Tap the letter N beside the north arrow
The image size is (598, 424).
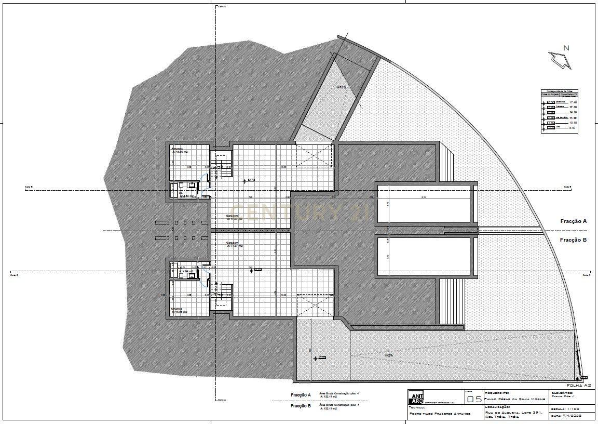(x=567, y=48)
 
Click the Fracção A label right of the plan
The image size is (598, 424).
(x=573, y=221)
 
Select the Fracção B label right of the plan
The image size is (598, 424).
(x=573, y=240)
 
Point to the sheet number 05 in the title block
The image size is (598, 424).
(x=474, y=400)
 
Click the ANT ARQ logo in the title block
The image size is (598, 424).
(x=416, y=398)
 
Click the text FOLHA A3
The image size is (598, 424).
(x=579, y=385)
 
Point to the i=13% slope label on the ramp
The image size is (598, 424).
(x=341, y=87)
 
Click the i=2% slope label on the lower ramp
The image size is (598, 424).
(x=389, y=355)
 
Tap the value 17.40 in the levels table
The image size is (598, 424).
(x=574, y=102)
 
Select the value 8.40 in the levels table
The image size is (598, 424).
(x=574, y=127)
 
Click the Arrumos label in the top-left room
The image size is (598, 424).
(x=178, y=150)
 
